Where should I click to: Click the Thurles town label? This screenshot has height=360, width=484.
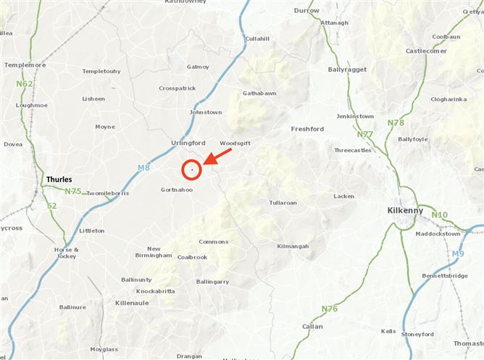pos(59,179)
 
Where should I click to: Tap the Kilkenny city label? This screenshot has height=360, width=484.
pos(406,209)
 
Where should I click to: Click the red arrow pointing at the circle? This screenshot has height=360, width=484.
pos(219,156)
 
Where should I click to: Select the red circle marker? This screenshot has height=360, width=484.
pos(191,169)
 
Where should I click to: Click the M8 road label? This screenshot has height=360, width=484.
pos(143,168)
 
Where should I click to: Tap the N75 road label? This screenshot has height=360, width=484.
pos(72,191)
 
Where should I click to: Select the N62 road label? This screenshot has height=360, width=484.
pos(25,84)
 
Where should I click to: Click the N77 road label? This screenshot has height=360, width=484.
pos(365,134)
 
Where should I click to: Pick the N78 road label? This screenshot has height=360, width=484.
pos(396,122)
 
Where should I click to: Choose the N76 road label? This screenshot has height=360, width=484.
pos(329,309)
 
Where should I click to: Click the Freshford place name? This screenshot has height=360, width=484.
pos(307,129)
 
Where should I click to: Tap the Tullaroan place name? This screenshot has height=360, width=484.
pos(283,203)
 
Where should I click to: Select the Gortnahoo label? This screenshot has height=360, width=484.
pos(176,190)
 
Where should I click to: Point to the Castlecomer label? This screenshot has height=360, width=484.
pos(426,51)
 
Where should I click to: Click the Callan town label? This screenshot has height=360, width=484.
pos(312,327)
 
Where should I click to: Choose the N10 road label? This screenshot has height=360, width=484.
pos(440,214)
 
